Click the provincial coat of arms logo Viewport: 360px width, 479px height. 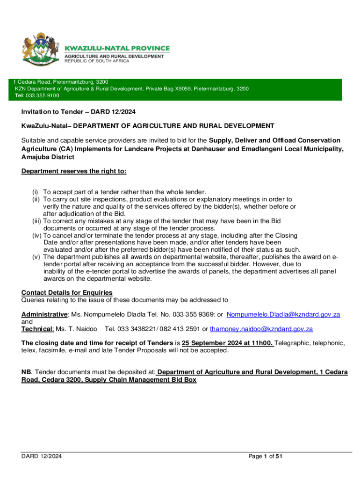(x=39, y=50)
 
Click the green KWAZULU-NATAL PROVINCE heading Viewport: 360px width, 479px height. (x=117, y=48)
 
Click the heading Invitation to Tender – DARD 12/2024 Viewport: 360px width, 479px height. (x=78, y=112)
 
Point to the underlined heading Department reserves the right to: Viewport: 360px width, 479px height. (x=74, y=171)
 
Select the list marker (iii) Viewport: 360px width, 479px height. (x=36, y=221)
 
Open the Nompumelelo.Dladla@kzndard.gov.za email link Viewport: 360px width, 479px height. (x=283, y=315)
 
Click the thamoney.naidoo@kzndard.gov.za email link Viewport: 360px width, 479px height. (x=261, y=329)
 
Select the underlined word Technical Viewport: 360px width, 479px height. (x=37, y=329)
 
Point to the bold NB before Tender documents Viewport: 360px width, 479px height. (x=26, y=372)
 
